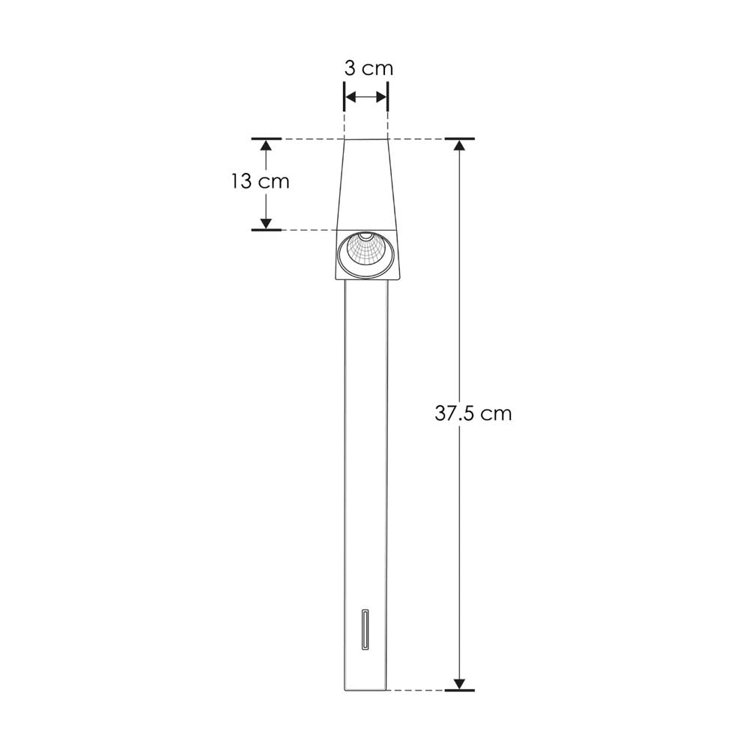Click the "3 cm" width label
pos(368,68)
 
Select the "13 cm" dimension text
pos(260,181)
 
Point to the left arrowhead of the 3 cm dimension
pos(350,97)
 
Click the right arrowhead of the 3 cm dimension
pos(380,97)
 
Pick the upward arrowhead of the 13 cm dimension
pos(266,145)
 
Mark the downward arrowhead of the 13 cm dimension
pos(266,223)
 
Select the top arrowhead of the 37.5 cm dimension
pos(459,145)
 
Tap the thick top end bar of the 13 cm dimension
pos(266,139)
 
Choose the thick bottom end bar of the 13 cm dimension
pos(266,229)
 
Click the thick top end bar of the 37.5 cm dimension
pos(459,139)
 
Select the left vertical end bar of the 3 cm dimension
pos(344,97)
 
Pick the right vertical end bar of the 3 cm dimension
pos(387,97)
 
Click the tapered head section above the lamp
pos(366,184)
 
